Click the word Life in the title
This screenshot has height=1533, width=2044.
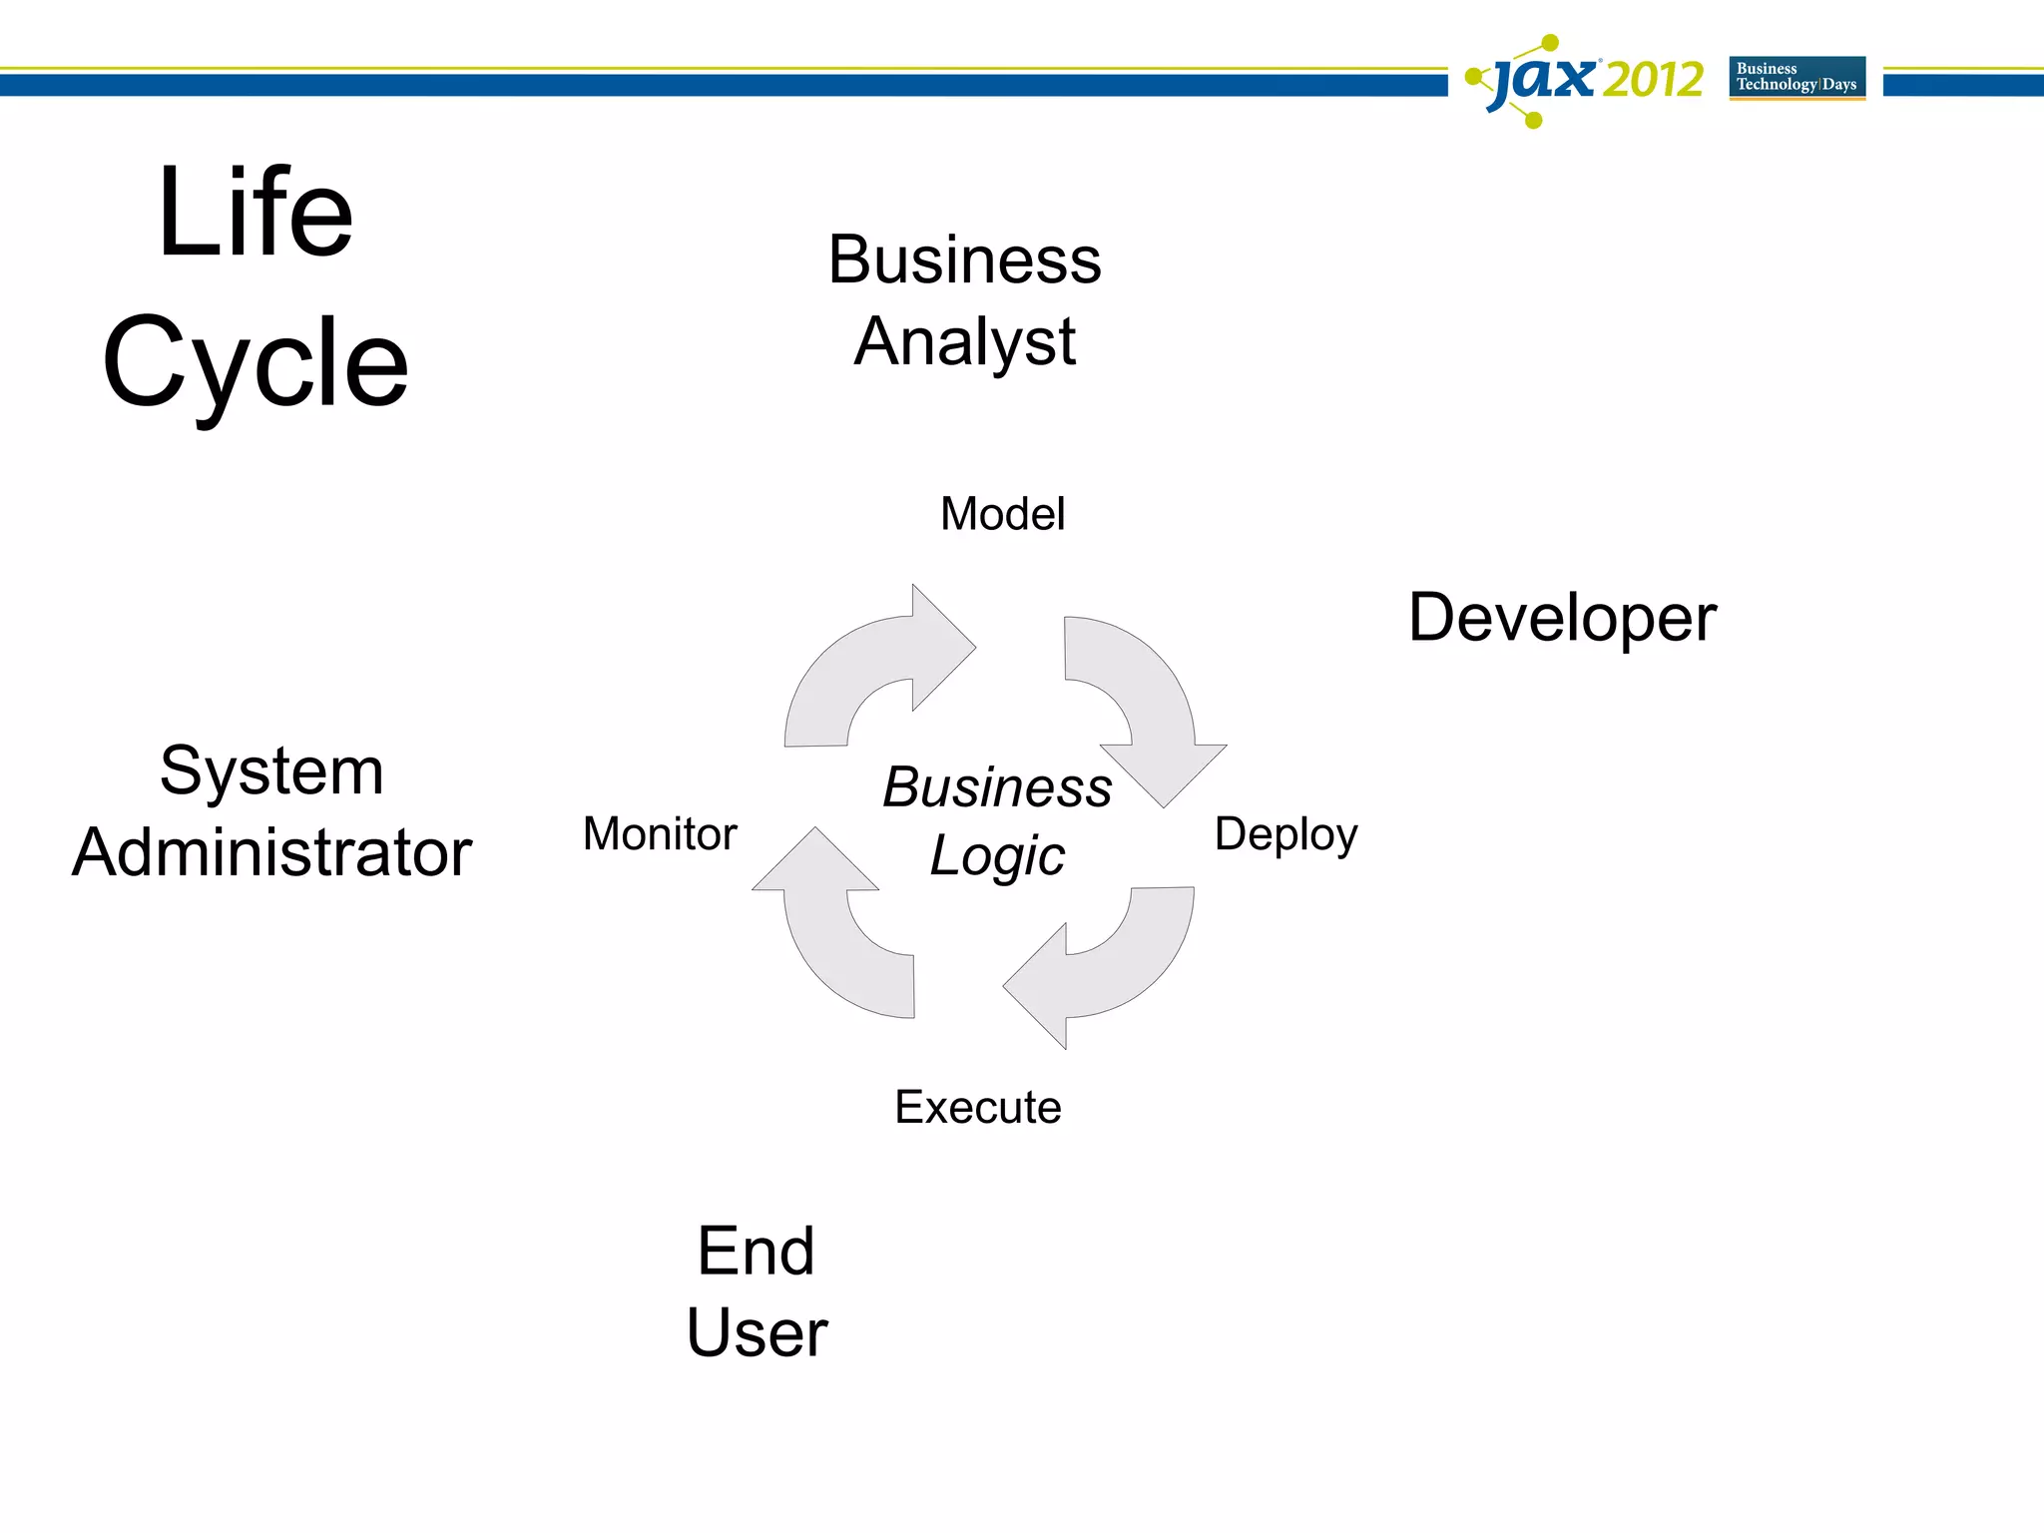255,213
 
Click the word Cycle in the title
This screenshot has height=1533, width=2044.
255,362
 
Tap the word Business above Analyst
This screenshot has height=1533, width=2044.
964,259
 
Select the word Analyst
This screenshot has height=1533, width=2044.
964,342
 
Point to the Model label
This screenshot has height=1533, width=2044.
1002,514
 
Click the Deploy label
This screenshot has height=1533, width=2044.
1285,834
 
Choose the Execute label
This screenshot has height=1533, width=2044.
978,1107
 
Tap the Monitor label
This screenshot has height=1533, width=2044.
660,833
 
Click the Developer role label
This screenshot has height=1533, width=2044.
1562,618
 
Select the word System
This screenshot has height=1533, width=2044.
271,770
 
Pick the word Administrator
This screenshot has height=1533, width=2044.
271,852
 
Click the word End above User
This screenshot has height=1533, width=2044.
756,1251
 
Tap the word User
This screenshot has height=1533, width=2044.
757,1332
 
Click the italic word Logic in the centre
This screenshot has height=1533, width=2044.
997,856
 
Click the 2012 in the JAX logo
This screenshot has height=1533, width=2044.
1653,80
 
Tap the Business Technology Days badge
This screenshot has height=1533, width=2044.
1796,77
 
